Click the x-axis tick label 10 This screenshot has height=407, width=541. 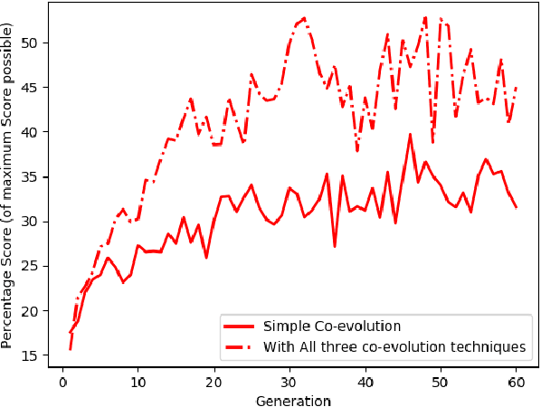[138, 383]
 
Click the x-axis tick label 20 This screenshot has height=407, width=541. [214, 383]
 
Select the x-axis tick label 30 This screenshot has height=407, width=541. [289, 383]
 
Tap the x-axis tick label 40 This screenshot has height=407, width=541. [365, 383]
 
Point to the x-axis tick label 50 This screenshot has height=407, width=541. [440, 383]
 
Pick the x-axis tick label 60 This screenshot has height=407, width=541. [516, 383]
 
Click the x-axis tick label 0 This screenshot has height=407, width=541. [62, 383]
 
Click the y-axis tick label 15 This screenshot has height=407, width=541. [31, 355]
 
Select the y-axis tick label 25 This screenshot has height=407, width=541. [31, 266]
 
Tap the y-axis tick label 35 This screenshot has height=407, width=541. [31, 176]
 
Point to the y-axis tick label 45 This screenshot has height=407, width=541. [31, 88]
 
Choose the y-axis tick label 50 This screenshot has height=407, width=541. [31, 43]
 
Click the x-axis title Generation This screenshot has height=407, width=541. [293, 399]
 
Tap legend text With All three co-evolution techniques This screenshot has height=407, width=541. [394, 346]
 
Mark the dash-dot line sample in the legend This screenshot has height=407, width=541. [240, 346]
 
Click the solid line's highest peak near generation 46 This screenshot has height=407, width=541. [410, 135]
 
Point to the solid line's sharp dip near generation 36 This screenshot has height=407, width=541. [335, 246]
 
